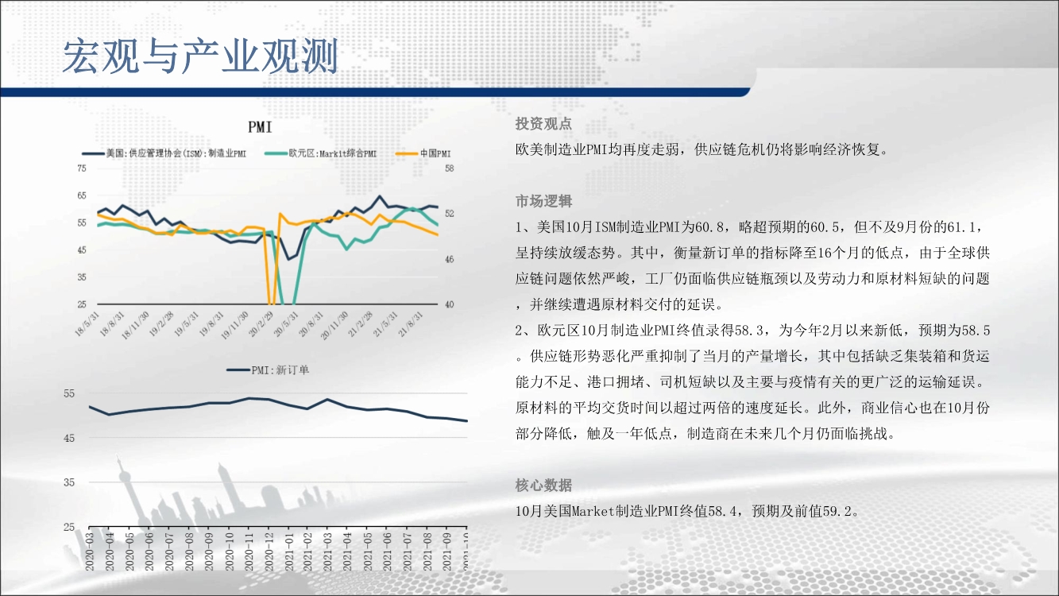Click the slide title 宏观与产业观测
click(200, 56)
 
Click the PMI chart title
click(260, 127)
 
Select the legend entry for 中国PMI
click(423, 153)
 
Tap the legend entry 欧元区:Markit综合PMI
click(321, 153)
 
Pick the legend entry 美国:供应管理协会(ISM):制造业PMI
click(164, 153)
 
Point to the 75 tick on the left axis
click(82, 168)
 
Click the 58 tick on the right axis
click(449, 168)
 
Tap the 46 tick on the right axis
click(449, 259)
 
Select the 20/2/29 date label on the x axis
click(261, 324)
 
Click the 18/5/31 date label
click(87, 324)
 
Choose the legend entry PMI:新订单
click(268, 370)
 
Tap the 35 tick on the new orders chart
click(69, 482)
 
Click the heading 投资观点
click(543, 124)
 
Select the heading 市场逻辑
click(543, 202)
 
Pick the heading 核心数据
click(543, 486)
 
